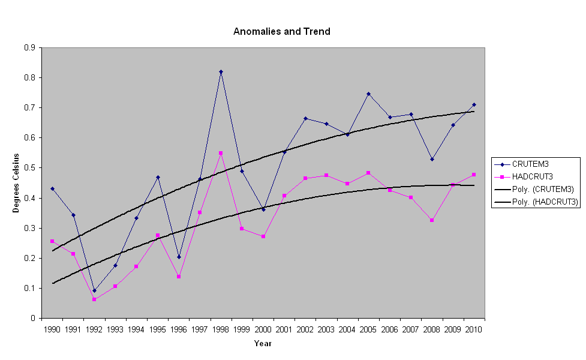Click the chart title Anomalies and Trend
tap(281, 31)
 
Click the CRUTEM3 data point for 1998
tap(221, 72)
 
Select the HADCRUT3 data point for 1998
tap(221, 153)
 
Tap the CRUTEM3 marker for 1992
tap(94, 290)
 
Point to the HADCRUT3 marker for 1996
tap(179, 277)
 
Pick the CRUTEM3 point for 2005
tap(368, 94)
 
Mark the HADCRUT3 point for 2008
tap(432, 220)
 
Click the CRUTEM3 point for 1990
tap(52, 188)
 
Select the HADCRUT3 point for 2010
tap(474, 175)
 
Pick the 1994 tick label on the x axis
tap(137, 329)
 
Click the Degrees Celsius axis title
tap(17, 183)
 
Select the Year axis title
tap(263, 344)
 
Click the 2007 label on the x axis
tap(411, 329)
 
